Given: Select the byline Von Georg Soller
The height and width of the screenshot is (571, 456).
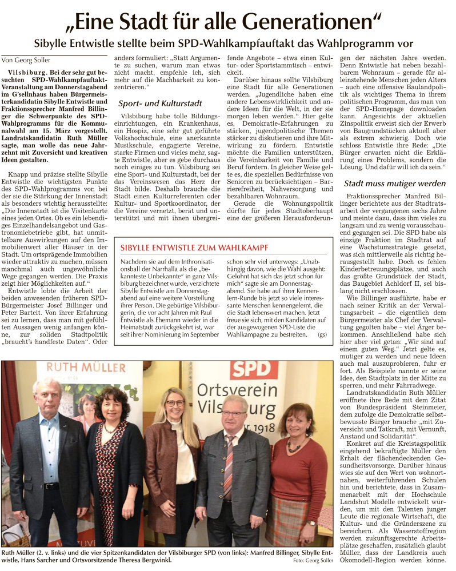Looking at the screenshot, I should coord(26,60).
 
